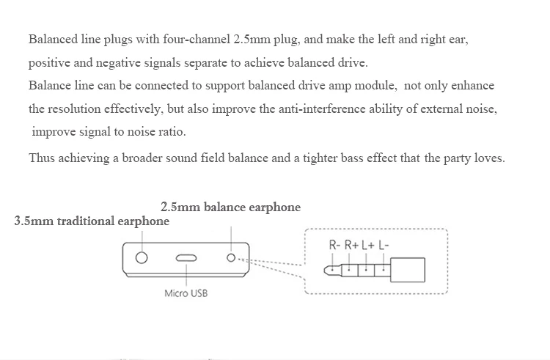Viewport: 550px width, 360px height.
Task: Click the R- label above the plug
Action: [x=334, y=245]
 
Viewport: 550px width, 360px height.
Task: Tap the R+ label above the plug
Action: [x=351, y=245]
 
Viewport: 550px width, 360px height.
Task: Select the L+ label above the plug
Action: [x=368, y=245]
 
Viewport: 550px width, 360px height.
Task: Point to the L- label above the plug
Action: [x=384, y=245]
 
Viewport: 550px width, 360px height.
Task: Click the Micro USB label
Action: [x=186, y=293]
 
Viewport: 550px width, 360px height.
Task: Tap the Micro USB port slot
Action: [x=186, y=258]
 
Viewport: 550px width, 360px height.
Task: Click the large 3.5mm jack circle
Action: [x=142, y=257]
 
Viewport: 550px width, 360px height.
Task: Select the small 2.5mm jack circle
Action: [x=231, y=257]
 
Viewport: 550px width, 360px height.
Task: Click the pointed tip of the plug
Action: [x=325, y=271]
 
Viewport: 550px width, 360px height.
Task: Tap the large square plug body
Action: [x=408, y=270]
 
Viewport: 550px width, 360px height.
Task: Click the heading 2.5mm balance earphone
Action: [x=230, y=207]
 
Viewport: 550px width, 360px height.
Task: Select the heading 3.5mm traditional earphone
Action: [x=92, y=221]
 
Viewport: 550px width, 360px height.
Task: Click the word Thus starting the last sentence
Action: [x=41, y=158]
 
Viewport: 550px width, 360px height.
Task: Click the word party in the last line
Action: [x=457, y=158]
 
